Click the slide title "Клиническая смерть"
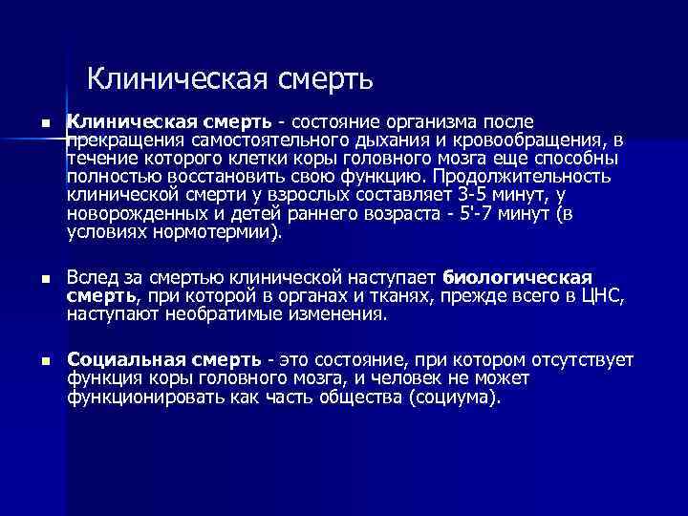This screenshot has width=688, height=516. (x=229, y=75)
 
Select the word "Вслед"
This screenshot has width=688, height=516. (x=89, y=277)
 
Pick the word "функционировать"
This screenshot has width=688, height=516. (x=133, y=397)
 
